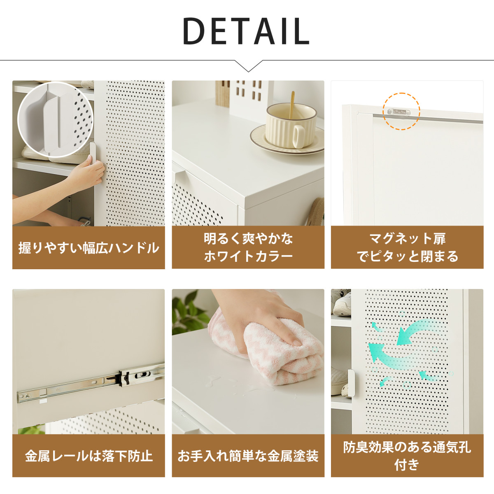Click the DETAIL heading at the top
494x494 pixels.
(x=246, y=31)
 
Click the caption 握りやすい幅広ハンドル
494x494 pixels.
(x=89, y=248)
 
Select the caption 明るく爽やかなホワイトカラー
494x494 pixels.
(x=248, y=247)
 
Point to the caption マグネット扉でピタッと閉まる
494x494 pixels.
(x=407, y=247)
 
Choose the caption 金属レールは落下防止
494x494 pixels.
(x=89, y=456)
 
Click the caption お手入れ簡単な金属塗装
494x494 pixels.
(x=248, y=456)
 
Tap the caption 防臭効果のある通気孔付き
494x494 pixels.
(x=407, y=456)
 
